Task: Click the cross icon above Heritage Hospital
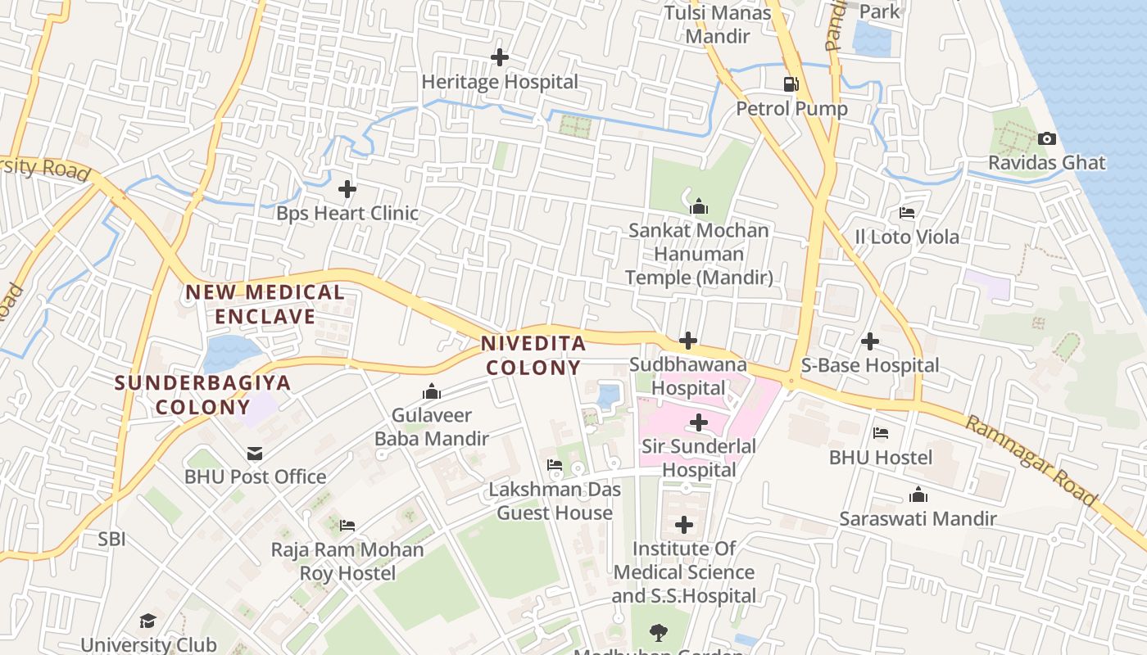[499, 57]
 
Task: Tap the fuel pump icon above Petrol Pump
[791, 84]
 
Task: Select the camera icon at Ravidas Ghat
[1046, 139]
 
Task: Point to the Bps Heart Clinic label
[347, 213]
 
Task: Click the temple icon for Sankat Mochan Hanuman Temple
[699, 206]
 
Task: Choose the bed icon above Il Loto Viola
[907, 213]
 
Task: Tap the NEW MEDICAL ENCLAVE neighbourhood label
[265, 305]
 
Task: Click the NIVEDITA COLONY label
[533, 355]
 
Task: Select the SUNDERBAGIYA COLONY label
[202, 395]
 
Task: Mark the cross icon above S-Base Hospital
[870, 341]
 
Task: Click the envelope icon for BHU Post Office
[255, 453]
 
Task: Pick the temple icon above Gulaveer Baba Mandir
[431, 392]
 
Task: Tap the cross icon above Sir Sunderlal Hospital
[699, 422]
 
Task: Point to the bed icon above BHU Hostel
[881, 433]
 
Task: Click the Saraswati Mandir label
[918, 518]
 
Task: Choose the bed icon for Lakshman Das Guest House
[555, 466]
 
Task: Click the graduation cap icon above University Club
[147, 621]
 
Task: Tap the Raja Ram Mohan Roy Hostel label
[347, 561]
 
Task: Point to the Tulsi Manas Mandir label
[718, 25]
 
